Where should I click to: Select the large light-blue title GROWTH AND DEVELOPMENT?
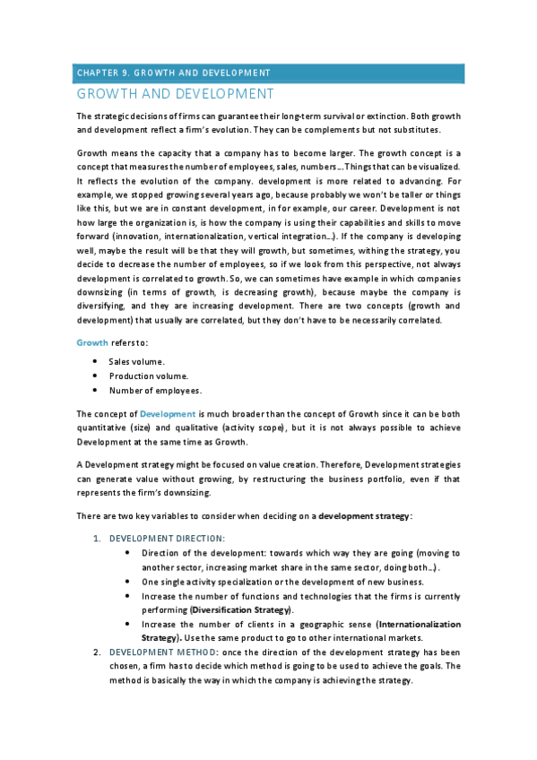pos(175,93)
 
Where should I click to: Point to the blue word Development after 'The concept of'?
pos(168,414)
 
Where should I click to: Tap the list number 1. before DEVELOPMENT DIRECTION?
pos(98,538)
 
